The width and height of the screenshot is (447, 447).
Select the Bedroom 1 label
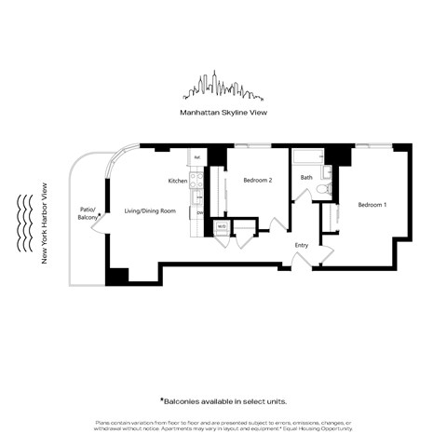pos(372,204)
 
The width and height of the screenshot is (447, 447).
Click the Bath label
pos(305,177)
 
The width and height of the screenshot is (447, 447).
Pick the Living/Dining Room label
pos(150,211)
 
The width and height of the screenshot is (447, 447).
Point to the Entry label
pos(301,245)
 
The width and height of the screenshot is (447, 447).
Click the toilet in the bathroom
pos(322,189)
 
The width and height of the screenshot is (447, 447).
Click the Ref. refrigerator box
pos(197,157)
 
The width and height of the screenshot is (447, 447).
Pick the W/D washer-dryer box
pos(222,226)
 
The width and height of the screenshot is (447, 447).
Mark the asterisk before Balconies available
pos(161,399)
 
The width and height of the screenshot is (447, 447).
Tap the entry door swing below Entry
pos(299,262)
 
